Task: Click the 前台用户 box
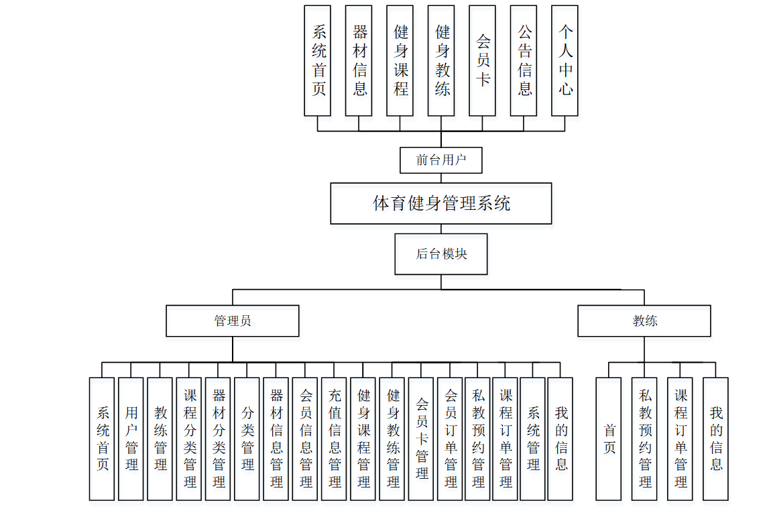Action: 440,160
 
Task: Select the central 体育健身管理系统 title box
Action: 440,203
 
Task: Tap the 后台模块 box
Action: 440,254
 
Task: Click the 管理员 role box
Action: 233,321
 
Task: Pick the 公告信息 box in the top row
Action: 524,60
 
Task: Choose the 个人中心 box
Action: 565,60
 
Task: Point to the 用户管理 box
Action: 131,439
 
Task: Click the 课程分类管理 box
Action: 189,439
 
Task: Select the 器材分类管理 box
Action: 218,439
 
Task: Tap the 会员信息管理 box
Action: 305,439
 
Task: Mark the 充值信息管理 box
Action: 334,439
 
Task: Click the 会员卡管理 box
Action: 421,439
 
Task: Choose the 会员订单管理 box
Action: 450,439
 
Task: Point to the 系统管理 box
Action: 532,439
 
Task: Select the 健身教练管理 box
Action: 392,439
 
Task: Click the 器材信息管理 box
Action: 276,439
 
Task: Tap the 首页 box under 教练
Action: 609,439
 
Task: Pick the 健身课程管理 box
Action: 363,439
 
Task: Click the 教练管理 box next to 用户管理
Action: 160,439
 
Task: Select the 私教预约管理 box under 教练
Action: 644,439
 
